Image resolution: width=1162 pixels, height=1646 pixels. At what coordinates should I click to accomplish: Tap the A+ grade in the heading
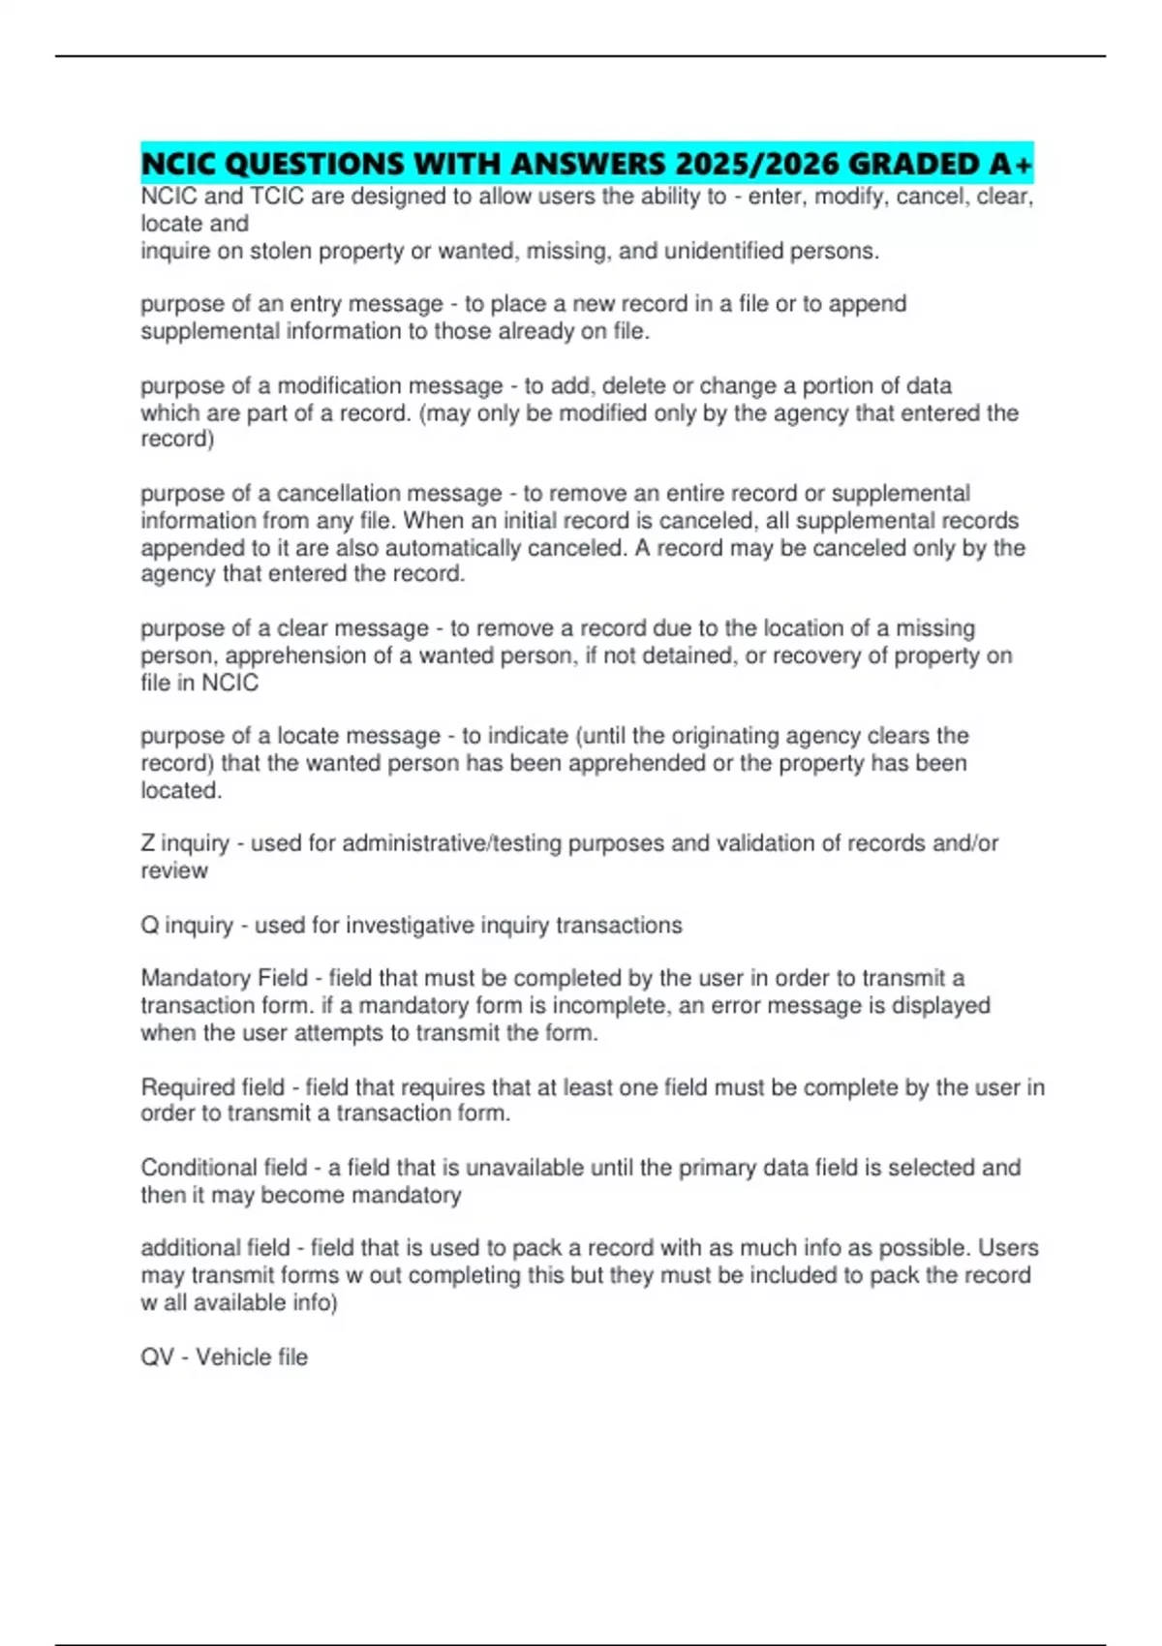point(1011,164)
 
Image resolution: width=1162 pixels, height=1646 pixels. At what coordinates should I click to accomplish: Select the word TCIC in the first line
point(278,197)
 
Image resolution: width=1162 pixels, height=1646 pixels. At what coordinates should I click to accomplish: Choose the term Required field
point(213,1087)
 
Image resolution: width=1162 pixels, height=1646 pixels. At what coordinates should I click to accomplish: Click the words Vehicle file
point(252,1356)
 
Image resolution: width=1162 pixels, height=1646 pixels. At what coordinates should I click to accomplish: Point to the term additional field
point(215,1248)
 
